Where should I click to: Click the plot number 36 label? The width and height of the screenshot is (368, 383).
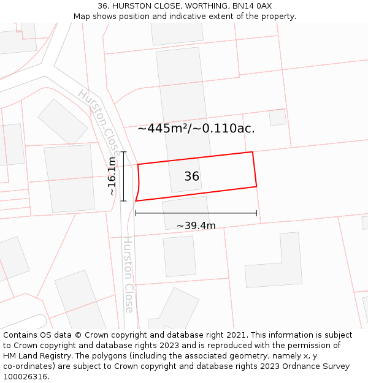[191, 176]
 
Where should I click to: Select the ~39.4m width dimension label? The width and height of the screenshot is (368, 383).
[196, 226]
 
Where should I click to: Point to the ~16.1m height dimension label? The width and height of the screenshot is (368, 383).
[112, 176]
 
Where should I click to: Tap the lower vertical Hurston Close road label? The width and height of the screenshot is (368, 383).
[128, 274]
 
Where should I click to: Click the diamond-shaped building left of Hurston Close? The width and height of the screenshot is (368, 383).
[63, 122]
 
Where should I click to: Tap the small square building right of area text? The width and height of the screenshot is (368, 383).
[278, 117]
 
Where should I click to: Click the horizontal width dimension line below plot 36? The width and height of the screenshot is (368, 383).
[196, 213]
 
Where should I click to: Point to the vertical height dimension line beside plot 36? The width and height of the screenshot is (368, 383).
[124, 176]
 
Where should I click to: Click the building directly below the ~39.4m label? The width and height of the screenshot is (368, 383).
[180, 256]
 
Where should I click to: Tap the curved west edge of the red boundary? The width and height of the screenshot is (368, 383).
[139, 181]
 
